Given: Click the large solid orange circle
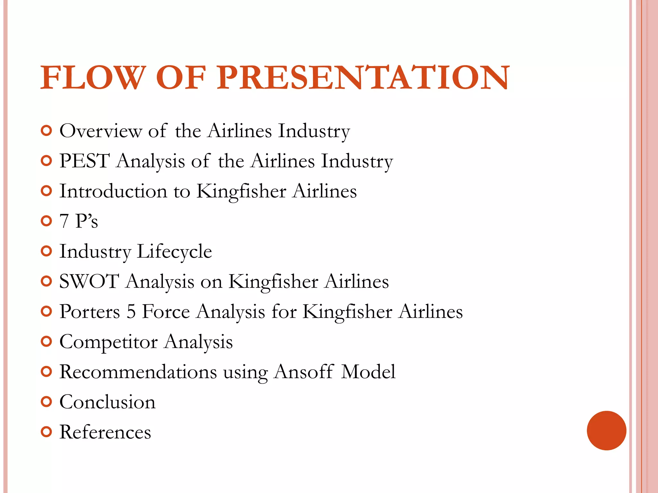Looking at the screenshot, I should [606, 430].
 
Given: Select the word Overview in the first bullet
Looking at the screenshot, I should [101, 131].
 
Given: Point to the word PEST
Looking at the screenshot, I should [84, 161].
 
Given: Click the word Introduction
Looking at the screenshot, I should [113, 191].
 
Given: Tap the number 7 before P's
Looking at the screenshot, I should [64, 221].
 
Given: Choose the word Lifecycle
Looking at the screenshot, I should [174, 251].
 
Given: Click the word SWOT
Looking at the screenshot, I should [89, 281].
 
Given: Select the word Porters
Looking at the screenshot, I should [90, 312].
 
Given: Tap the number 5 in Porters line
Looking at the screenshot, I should [131, 312].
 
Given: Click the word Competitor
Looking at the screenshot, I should [109, 342].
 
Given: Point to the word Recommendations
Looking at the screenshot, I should [138, 372].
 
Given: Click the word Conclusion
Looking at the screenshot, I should [107, 402].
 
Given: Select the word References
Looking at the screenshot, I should [105, 432].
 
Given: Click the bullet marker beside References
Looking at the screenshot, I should [47, 432].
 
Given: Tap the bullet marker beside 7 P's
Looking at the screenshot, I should [47, 221].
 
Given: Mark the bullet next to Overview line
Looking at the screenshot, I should [47, 131].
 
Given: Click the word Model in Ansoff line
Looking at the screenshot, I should [368, 372].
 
